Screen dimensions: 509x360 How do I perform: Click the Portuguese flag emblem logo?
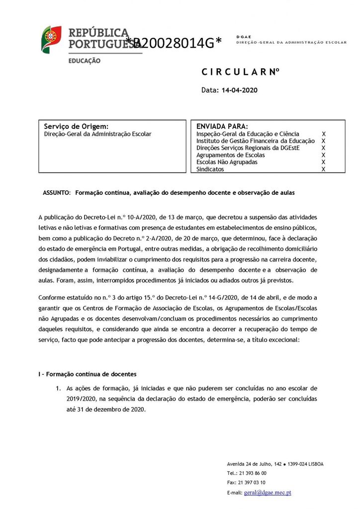tap(51, 39)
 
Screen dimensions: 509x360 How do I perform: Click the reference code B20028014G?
tap(174, 43)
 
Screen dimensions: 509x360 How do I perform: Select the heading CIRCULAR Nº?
tap(241, 72)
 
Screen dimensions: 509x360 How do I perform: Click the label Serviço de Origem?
tap(76, 126)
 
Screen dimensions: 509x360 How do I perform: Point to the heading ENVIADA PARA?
tap(222, 126)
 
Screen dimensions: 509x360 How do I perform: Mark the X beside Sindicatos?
tap(323, 170)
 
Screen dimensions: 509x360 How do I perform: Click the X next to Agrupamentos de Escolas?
tap(323, 155)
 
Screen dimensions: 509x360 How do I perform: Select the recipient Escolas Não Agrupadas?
tap(227, 162)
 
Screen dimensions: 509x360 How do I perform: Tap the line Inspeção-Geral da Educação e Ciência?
tap(248, 134)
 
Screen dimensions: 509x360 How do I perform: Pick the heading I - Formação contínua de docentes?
tap(88, 374)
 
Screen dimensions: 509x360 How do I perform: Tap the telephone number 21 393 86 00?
tap(254, 473)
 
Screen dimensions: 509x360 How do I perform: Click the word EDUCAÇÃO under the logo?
tap(84, 61)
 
